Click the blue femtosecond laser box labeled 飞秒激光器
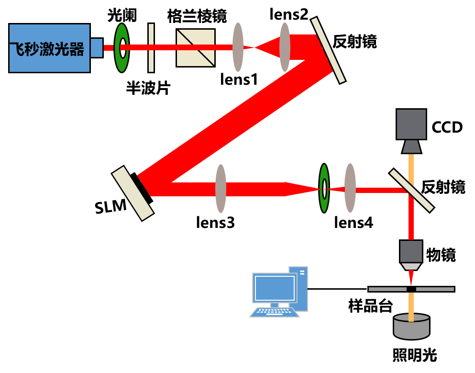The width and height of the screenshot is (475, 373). pyautogui.click(x=49, y=48)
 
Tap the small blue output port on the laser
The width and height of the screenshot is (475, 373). pyautogui.click(x=96, y=48)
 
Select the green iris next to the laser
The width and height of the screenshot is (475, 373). pyautogui.click(x=122, y=48)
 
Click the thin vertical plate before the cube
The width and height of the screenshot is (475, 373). pyautogui.click(x=151, y=48)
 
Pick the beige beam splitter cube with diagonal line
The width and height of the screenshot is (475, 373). pyautogui.click(x=195, y=48)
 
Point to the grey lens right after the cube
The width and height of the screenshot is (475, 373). pyautogui.click(x=238, y=47)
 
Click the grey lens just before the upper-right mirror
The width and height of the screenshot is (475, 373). pyautogui.click(x=285, y=47)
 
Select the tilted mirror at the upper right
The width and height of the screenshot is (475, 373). pyautogui.click(x=328, y=50)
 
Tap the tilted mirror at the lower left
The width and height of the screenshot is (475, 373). pyautogui.click(x=133, y=193)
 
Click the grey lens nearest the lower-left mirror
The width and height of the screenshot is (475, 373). pyautogui.click(x=221, y=189)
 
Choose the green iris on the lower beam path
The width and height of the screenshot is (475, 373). pyautogui.click(x=324, y=188)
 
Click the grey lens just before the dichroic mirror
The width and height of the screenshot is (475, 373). pyautogui.click(x=350, y=188)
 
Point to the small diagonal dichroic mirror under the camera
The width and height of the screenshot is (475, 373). pyautogui.click(x=411, y=190)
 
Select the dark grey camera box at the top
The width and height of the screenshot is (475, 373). pyautogui.click(x=411, y=124)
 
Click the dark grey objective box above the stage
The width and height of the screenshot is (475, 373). pyautogui.click(x=411, y=251)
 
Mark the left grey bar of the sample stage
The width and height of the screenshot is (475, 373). pyautogui.click(x=387, y=289)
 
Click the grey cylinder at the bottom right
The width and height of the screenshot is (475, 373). pyautogui.click(x=411, y=328)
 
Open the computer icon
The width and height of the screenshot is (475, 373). pyautogui.click(x=278, y=292)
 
